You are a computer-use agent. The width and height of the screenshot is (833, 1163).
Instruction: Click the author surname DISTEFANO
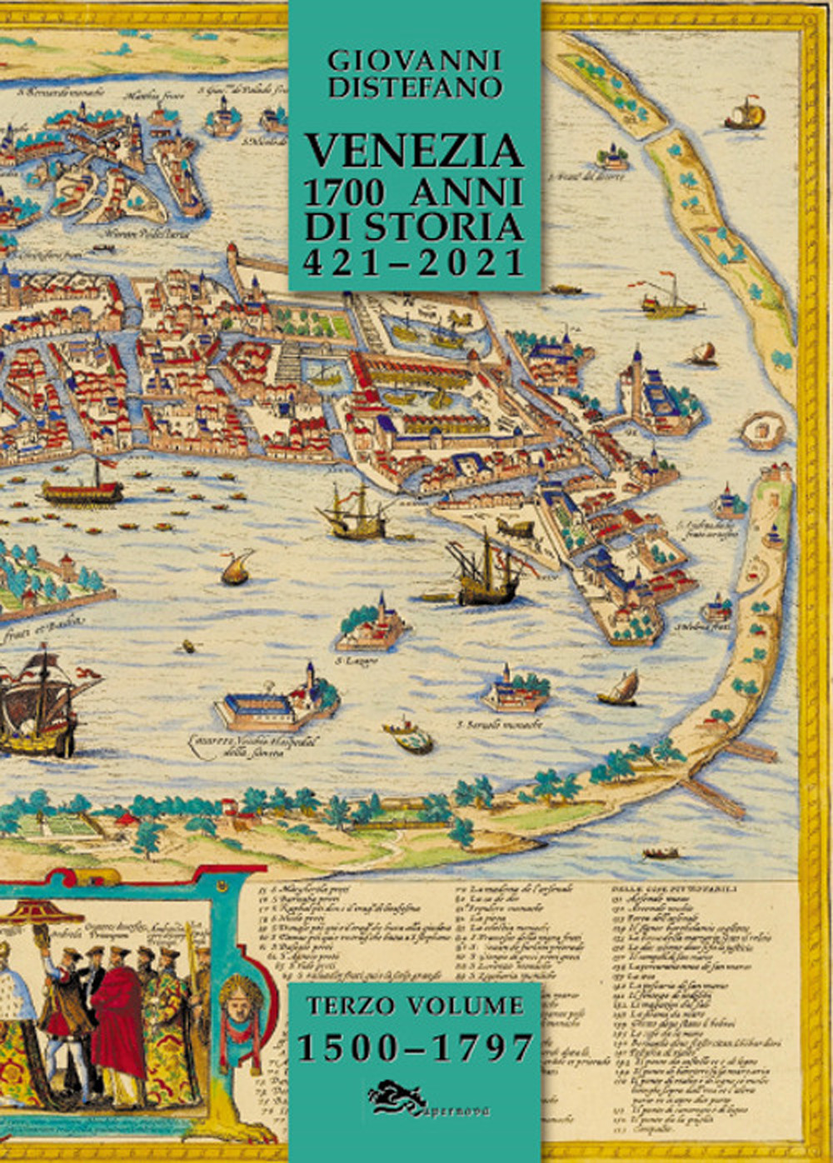pos(415,87)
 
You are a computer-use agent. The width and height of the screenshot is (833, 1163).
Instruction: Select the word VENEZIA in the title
pos(415,151)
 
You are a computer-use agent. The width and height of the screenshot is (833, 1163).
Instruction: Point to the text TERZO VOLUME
pos(415,1006)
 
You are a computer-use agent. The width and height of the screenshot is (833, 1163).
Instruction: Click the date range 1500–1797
pos(415,1047)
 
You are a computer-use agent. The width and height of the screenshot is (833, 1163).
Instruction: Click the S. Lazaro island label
pos(357,661)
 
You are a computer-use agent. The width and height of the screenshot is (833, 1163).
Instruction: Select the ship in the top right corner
pos(744,114)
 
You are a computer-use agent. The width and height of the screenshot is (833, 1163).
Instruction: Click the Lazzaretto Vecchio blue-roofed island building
pos(258,706)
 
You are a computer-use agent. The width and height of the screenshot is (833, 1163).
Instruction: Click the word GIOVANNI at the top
pos(415,60)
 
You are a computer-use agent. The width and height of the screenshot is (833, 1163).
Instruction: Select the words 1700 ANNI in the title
pos(415,192)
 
